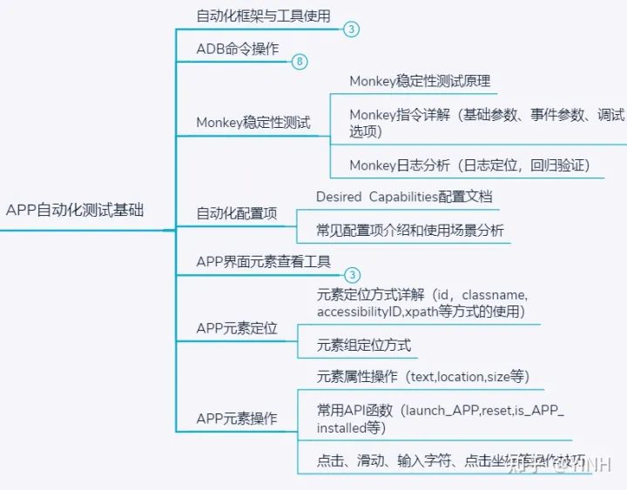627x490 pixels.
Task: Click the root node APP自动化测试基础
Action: coord(75,211)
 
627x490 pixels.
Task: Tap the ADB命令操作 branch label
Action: coord(238,49)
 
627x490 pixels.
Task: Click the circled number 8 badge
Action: coord(300,62)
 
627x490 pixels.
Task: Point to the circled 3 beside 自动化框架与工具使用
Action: coord(351,30)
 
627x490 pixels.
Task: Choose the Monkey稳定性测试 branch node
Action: coord(253,123)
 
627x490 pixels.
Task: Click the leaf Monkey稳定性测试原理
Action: coord(420,81)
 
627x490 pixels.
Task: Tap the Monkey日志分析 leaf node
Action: coord(469,164)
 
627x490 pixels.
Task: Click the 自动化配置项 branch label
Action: coord(237,212)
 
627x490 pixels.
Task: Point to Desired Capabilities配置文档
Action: coord(404,197)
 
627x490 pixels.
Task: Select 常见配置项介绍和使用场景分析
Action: coord(410,232)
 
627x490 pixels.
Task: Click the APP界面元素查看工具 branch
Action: coord(264,261)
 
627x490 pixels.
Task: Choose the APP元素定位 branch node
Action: coord(237,328)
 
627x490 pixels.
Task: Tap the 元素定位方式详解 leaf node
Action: coord(422,303)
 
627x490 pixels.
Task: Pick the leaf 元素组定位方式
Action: coord(364,346)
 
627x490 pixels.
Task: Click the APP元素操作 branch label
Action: coord(237,419)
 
